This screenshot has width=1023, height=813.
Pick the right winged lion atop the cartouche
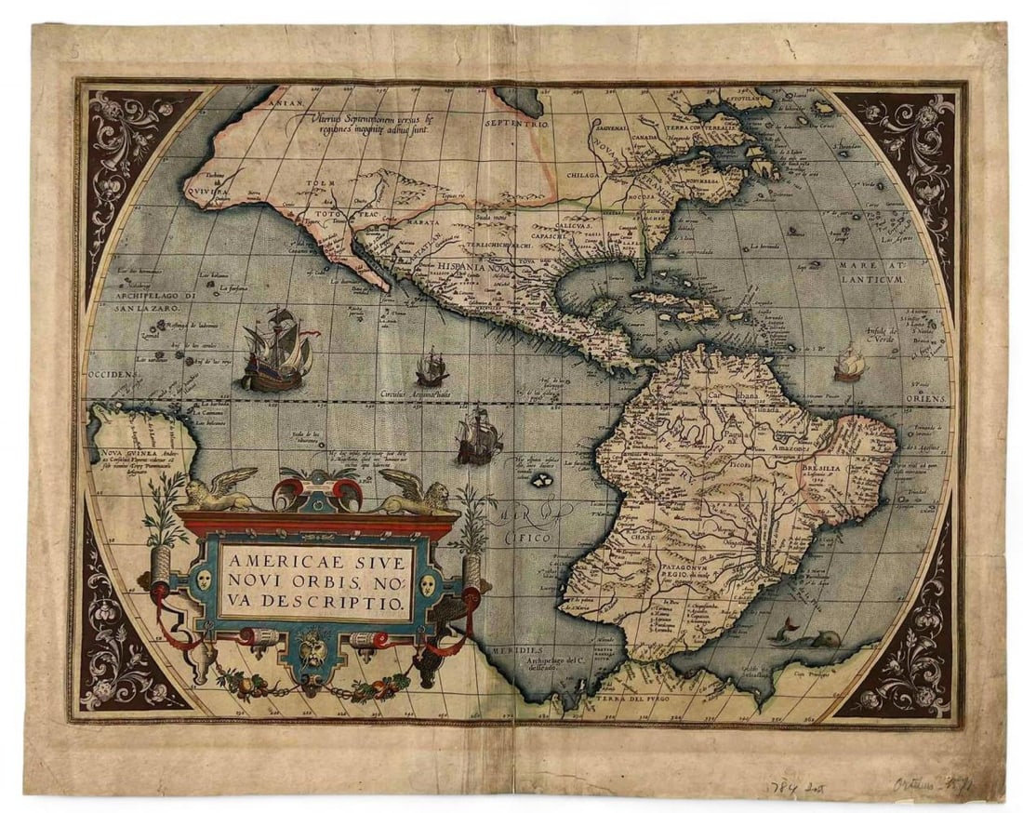coord(414,490)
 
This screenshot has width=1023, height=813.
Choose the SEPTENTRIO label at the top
coord(518,122)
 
